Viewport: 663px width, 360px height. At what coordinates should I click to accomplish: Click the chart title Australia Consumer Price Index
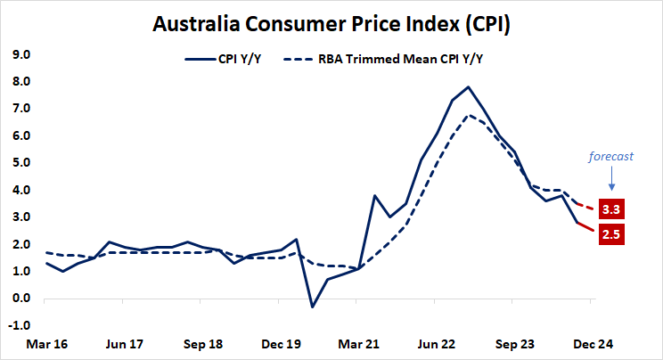click(x=331, y=24)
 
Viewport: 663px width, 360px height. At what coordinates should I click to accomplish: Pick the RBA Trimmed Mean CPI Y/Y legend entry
click(x=405, y=60)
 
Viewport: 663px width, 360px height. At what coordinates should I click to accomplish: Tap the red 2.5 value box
click(x=611, y=234)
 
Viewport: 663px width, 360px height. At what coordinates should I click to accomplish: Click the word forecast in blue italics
click(x=610, y=156)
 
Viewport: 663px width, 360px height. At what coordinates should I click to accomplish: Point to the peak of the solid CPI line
click(x=468, y=86)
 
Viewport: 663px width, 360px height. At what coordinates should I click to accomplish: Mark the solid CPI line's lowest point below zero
click(x=313, y=307)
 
